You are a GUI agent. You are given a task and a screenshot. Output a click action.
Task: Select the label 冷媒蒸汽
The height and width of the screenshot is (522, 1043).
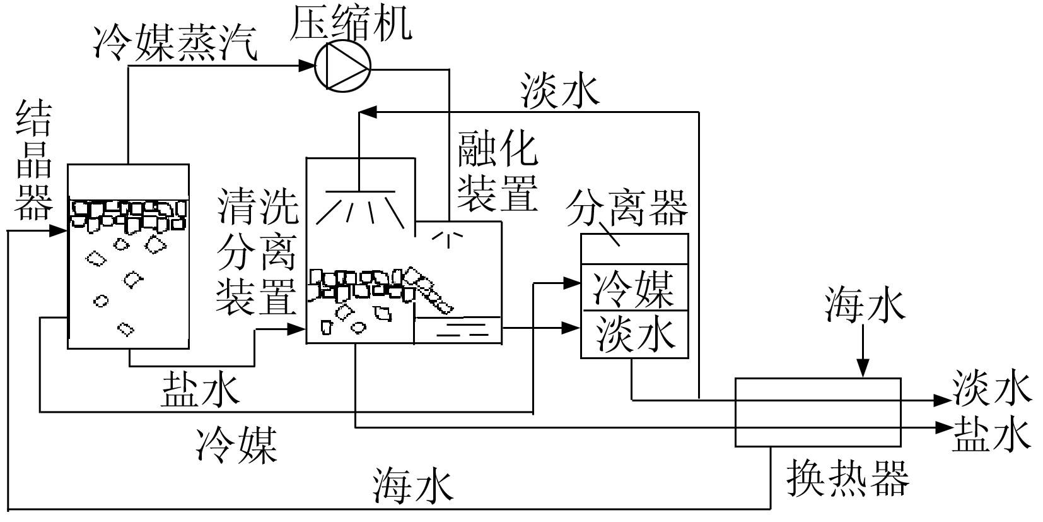175,43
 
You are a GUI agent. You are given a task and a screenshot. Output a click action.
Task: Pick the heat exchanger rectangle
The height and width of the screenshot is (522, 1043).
818,412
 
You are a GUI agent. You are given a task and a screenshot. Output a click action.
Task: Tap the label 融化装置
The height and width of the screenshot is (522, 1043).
498,170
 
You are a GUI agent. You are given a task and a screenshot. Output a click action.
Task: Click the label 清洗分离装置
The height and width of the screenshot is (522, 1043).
257,252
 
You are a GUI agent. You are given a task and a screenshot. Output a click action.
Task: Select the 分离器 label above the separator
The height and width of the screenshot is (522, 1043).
626,208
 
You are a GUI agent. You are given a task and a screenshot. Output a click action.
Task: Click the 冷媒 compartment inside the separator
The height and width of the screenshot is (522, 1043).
634,288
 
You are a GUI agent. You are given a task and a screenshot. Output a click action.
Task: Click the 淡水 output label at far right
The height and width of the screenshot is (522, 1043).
991,388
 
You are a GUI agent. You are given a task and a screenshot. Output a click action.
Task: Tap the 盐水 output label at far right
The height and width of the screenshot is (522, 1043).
992,434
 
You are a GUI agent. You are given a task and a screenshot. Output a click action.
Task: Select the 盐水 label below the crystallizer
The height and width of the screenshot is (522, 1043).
201,388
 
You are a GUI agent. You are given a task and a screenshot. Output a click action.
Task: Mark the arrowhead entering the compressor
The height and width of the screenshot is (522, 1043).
307,65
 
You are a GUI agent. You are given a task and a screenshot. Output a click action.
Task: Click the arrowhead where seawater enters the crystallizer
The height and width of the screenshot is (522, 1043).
59,230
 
